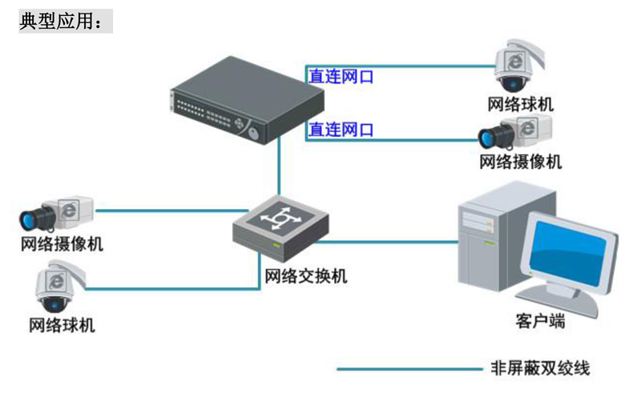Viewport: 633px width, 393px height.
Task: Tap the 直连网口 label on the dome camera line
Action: pyautogui.click(x=341, y=77)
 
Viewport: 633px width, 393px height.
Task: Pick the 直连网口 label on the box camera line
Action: pyautogui.click(x=341, y=129)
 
